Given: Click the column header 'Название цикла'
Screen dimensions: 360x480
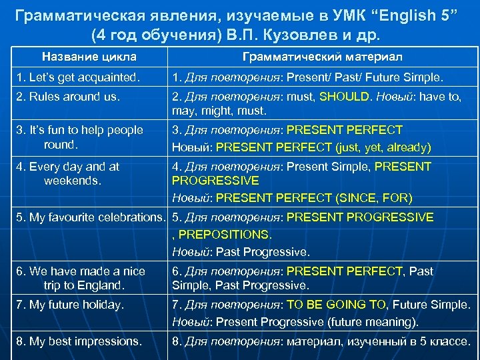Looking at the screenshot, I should coord(89,57).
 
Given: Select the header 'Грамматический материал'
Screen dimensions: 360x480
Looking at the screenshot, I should coord(322,57).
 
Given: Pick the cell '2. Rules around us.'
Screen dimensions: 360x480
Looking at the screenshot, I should coord(68,97).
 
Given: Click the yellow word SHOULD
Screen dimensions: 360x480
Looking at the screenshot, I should coord(345,97).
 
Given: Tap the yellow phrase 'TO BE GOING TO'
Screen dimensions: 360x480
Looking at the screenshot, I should coord(336,305).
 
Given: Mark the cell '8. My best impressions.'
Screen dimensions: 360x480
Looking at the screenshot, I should coord(78,341).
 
